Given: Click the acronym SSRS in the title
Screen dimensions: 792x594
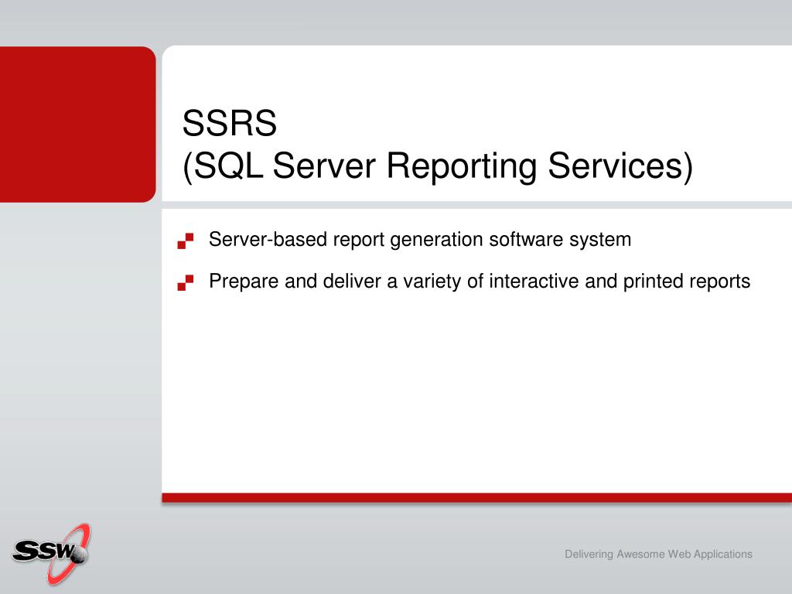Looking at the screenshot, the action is coord(229,123).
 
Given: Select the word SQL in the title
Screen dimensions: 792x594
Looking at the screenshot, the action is coord(228,166).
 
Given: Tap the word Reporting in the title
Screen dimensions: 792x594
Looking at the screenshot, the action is coord(461,166).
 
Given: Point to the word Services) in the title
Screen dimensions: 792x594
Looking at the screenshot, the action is coord(621,166).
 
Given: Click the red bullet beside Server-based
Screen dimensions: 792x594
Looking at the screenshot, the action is coord(186,241).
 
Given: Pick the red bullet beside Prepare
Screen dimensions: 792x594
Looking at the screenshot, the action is coord(186,282).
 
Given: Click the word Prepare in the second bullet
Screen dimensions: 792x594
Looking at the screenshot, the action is coord(244,282).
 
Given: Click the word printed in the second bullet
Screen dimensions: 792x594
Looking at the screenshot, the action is coord(651,282).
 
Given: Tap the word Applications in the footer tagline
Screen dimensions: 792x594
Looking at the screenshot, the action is coord(723,555).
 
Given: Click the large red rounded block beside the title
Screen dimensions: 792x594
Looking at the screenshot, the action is coord(78,125).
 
